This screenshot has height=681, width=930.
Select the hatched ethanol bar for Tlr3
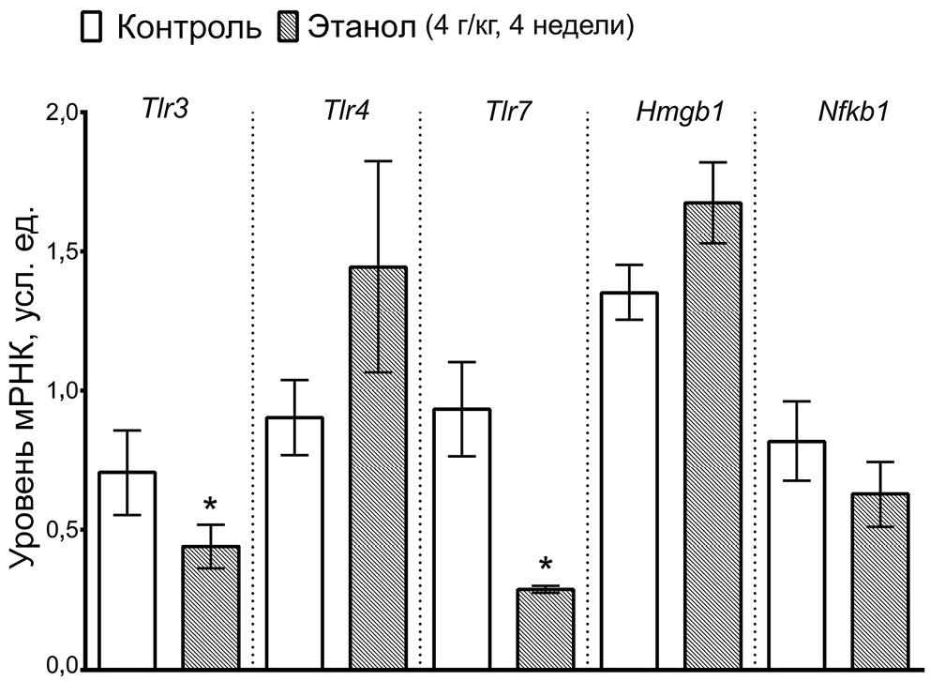[211, 607]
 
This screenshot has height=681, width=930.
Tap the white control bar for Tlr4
[294, 543]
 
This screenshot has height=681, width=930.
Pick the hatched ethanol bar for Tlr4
[378, 468]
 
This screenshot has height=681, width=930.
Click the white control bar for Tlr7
[461, 538]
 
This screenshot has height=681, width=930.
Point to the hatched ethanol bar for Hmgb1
[712, 435]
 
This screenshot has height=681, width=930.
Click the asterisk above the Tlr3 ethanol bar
[211, 499]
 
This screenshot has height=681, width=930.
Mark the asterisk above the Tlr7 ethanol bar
[546, 566]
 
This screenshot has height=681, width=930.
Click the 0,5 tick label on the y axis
[64, 530]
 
